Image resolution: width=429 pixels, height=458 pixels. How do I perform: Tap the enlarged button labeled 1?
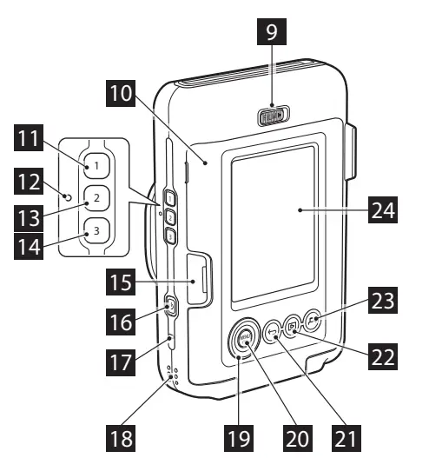[96, 163]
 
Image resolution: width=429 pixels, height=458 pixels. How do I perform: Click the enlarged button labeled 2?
[96, 197]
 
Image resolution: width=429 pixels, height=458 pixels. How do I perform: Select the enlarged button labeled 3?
[96, 231]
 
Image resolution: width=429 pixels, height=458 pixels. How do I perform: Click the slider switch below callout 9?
[274, 116]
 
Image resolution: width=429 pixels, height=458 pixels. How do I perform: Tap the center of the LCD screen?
[270, 221]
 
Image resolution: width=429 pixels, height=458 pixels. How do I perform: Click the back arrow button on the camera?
[273, 330]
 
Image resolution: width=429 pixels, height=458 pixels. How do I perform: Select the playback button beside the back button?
[293, 326]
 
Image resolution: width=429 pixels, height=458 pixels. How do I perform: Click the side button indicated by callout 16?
[170, 306]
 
